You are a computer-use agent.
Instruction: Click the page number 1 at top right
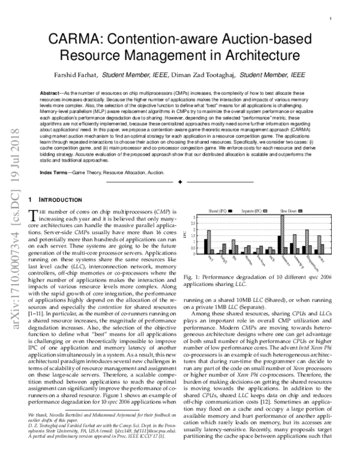331,19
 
